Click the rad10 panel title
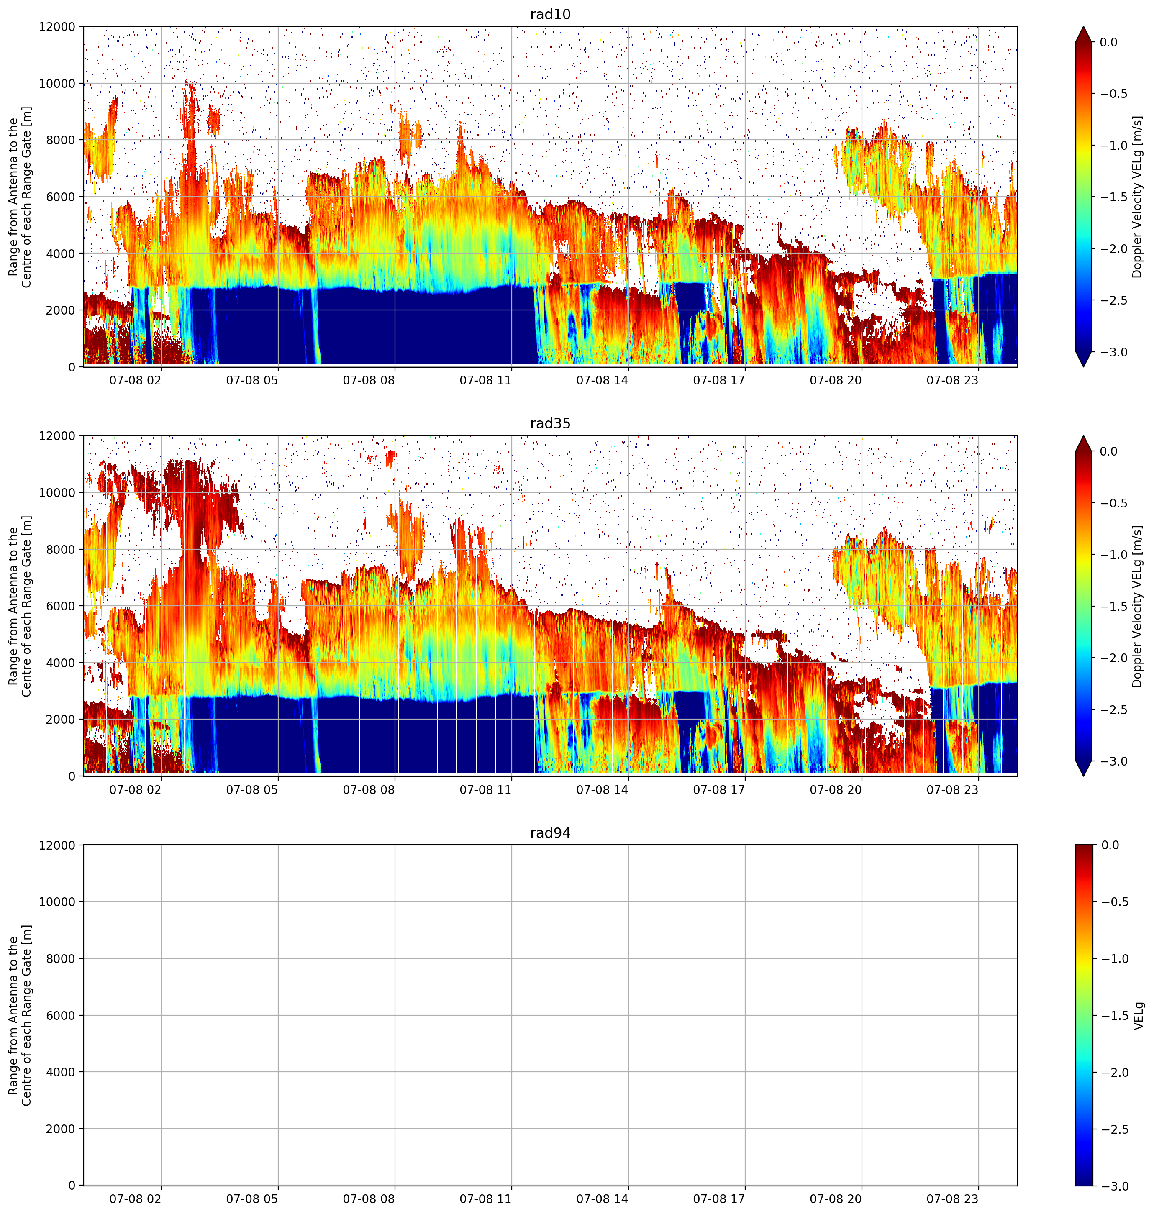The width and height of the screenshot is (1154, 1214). click(x=550, y=14)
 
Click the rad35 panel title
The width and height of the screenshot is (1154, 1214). click(x=550, y=424)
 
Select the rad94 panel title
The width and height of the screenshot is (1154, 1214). click(x=550, y=833)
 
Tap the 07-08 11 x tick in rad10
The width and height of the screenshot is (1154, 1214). click(x=485, y=380)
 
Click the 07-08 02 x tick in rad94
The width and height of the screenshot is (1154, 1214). click(x=135, y=1199)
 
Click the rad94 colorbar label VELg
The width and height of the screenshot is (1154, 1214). click(x=1139, y=1016)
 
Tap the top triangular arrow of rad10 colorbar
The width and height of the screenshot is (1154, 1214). click(x=1084, y=34)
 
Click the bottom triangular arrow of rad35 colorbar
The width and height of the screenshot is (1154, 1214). click(x=1084, y=768)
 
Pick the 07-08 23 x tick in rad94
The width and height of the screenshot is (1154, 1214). click(x=952, y=1199)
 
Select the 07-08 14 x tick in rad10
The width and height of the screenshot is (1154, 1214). click(x=602, y=380)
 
